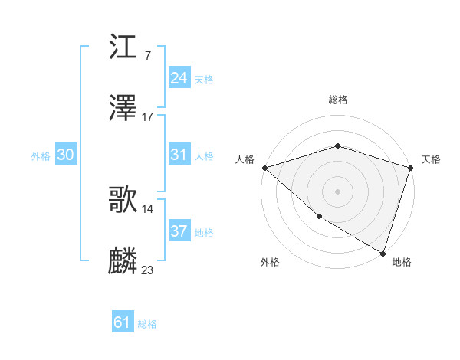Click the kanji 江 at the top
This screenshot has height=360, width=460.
(x=123, y=49)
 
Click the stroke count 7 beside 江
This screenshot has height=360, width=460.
(x=146, y=56)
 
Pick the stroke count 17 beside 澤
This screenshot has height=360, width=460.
(x=148, y=116)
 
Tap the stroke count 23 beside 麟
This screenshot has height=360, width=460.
(x=148, y=270)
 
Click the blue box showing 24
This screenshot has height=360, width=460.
(x=179, y=78)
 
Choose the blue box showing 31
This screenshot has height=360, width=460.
(x=179, y=155)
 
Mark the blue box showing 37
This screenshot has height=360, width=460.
(x=179, y=231)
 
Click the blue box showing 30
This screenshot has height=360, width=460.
(x=66, y=155)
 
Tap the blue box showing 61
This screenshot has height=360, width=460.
(x=123, y=323)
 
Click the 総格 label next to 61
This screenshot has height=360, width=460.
(x=147, y=324)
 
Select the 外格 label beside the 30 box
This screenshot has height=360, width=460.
(x=41, y=155)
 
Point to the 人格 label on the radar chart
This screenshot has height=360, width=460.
(x=245, y=159)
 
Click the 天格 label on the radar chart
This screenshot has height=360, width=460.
(x=431, y=159)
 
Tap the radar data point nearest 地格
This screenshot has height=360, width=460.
(x=383, y=253)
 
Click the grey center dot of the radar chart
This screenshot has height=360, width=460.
(x=337, y=191)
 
